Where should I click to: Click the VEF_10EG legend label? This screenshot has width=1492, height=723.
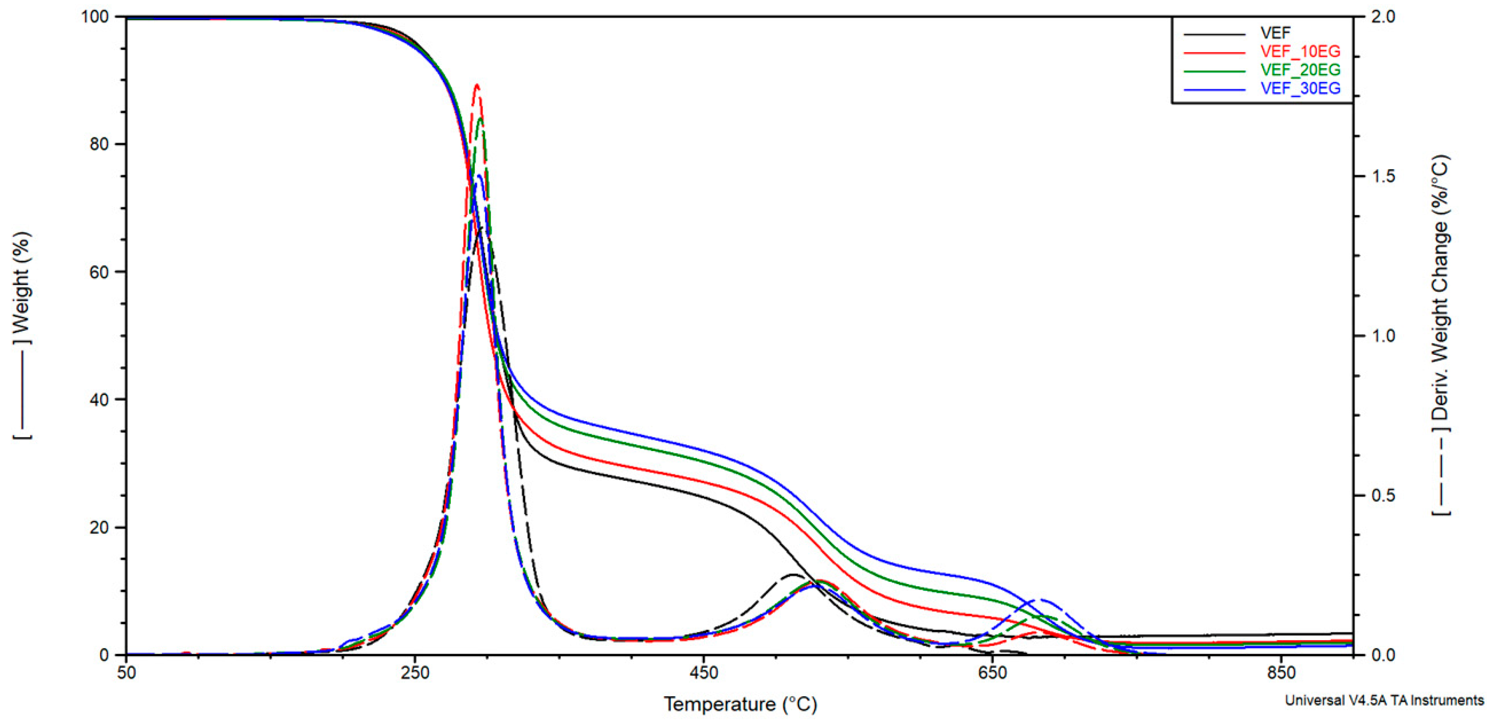tap(1300, 51)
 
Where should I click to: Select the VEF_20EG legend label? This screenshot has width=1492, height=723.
tap(1300, 70)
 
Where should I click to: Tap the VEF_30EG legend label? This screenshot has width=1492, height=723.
tap(1300, 88)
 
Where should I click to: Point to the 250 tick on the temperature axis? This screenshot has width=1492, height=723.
tap(415, 672)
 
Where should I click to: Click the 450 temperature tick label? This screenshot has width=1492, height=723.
tap(703, 672)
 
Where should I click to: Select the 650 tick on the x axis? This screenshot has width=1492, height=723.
tap(992, 672)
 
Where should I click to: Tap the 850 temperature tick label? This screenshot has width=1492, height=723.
tap(1281, 672)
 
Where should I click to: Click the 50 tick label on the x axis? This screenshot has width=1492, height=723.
tap(126, 672)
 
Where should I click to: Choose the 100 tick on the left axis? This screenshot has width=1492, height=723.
tap(95, 16)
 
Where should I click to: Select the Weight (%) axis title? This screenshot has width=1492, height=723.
tap(22, 284)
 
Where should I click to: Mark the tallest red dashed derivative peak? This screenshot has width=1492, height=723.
tap(477, 85)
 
